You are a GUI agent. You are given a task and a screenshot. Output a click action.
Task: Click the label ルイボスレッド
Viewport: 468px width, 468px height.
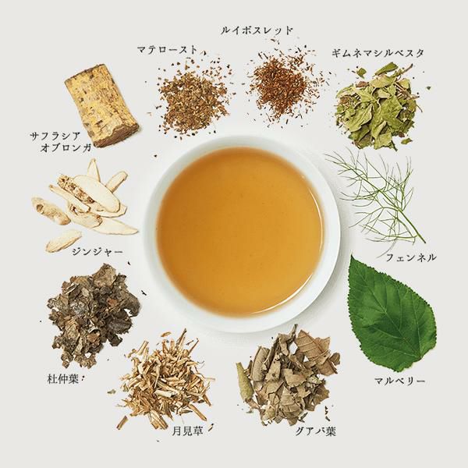point(257,30)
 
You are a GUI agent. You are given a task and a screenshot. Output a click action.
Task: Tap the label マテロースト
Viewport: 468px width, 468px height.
point(168,50)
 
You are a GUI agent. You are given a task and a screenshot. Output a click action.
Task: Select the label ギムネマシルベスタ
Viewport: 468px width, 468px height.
point(378,53)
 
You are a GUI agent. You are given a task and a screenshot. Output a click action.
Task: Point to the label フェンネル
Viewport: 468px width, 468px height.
point(411,257)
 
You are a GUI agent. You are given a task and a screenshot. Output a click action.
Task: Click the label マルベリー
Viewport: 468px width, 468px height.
point(399,381)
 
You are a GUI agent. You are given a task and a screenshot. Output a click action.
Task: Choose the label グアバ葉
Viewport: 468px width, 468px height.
point(315,431)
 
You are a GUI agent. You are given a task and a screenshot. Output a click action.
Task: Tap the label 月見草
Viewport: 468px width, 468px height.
point(187,431)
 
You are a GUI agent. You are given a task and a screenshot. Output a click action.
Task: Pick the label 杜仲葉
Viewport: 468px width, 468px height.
point(63,379)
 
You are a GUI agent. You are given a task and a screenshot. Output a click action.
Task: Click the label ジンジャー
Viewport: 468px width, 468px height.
point(97,252)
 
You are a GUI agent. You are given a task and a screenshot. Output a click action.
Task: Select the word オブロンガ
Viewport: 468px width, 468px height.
point(66,147)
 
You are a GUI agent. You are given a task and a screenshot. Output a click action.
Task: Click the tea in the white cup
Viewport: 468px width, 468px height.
point(240,232)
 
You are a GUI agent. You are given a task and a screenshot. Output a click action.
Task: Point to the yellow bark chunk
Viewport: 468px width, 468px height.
point(101,105)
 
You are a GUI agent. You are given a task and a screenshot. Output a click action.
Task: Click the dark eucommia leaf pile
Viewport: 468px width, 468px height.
point(93,314)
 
